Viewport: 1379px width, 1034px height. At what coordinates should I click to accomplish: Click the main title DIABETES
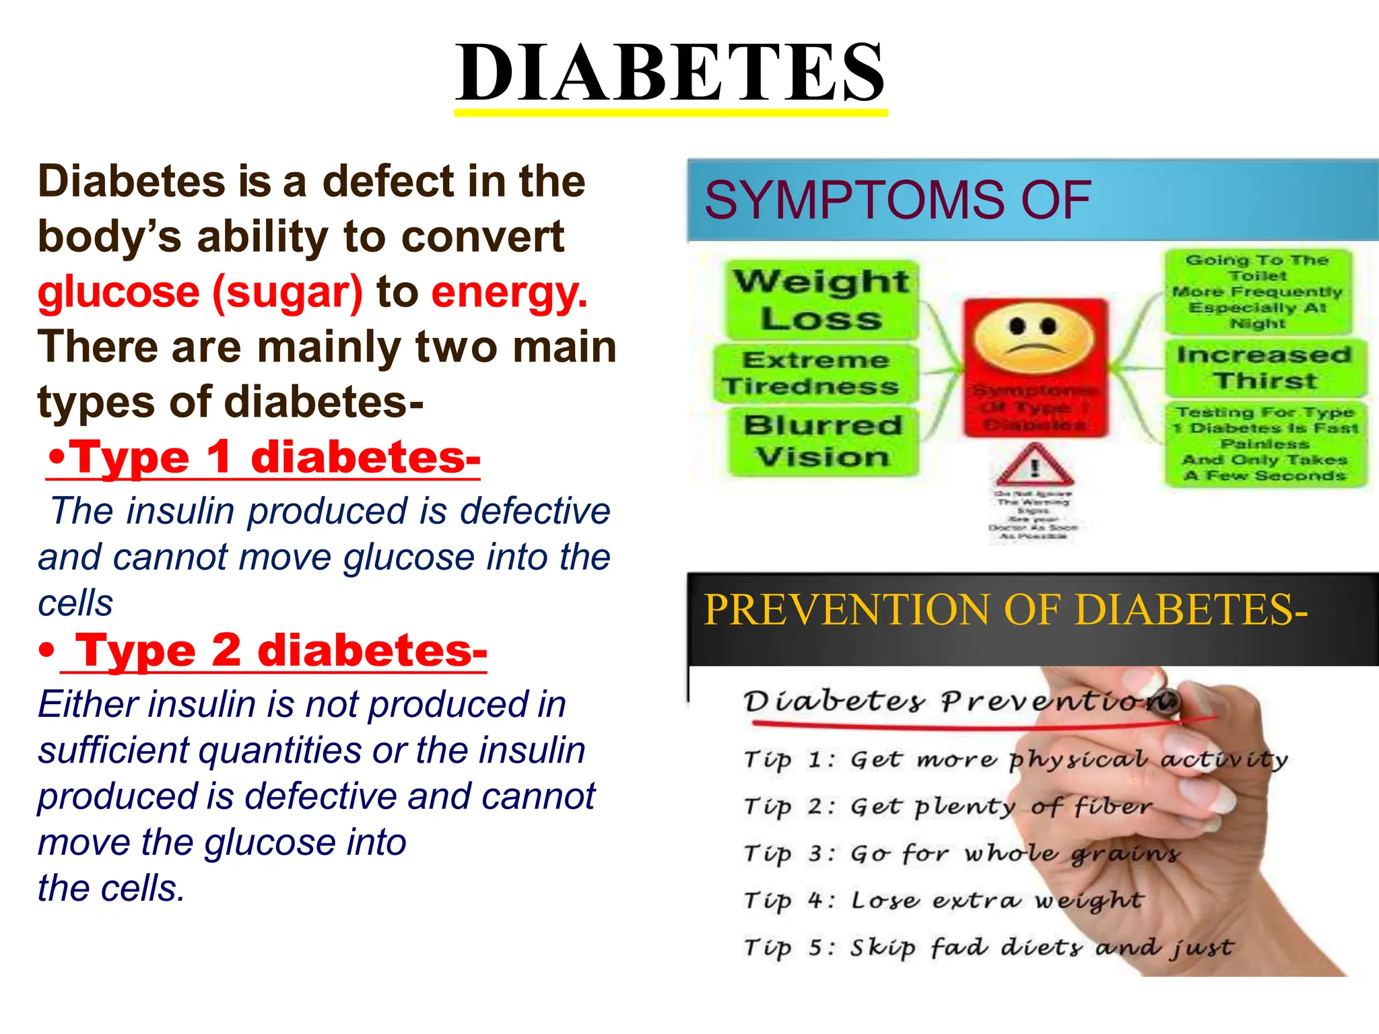click(671, 73)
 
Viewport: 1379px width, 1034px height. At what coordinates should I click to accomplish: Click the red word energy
click(509, 293)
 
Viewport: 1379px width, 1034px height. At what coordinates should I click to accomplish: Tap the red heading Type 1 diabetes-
click(264, 458)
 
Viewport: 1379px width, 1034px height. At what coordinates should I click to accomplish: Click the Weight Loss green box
click(821, 300)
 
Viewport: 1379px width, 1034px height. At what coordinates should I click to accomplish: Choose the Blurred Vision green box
click(823, 441)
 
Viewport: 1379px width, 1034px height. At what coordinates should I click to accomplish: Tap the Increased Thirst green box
click(1265, 368)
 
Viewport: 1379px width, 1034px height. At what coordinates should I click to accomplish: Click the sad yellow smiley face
click(1034, 335)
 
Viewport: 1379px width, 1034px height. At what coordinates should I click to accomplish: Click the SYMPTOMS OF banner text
click(897, 201)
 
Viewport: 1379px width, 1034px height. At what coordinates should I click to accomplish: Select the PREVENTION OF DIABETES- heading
click(1005, 610)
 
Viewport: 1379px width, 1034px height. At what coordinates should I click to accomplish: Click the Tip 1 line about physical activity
click(1015, 759)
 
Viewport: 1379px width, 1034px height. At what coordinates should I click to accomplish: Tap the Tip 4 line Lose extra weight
click(943, 900)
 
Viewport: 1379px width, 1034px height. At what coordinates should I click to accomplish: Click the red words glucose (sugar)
click(200, 293)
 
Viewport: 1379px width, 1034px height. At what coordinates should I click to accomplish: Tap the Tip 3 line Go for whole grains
click(961, 854)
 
